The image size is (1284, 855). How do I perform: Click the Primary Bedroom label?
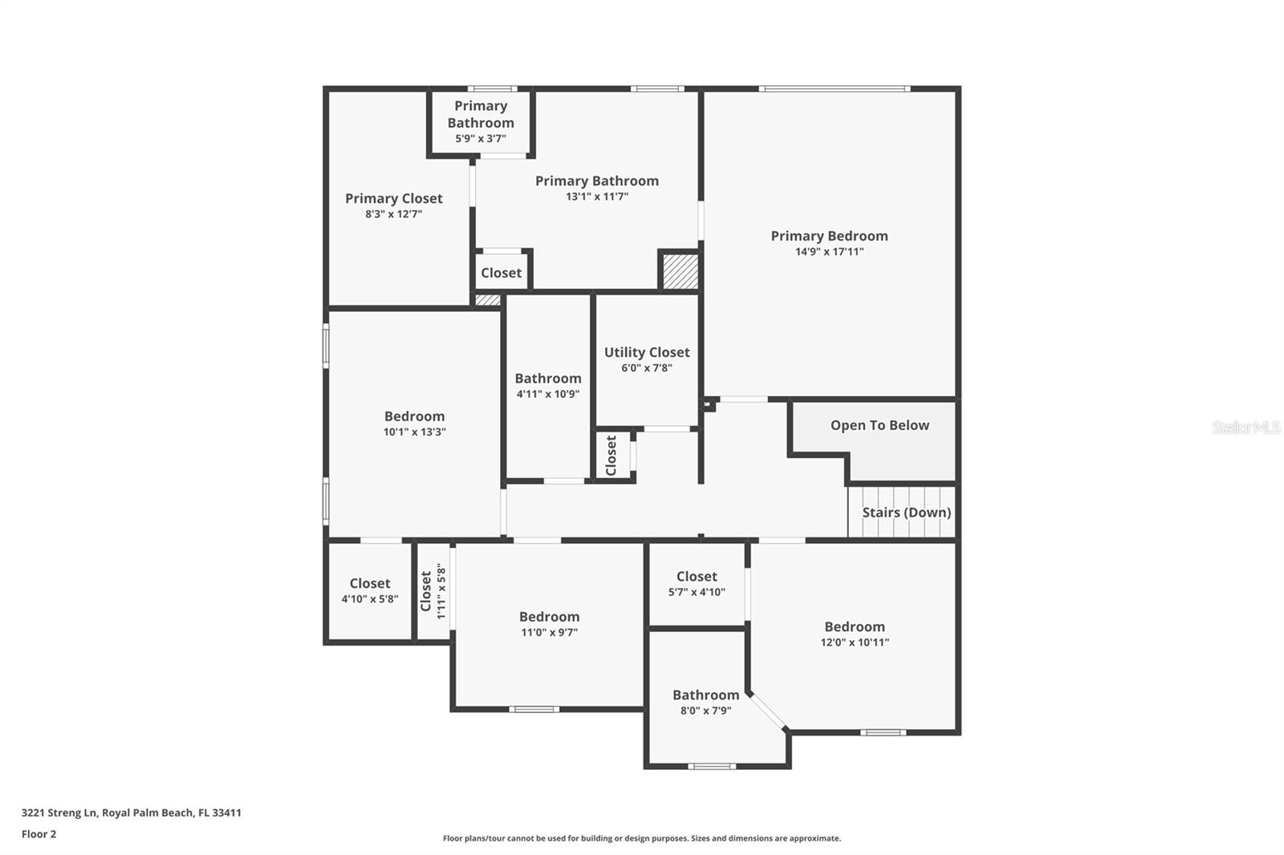coord(829,236)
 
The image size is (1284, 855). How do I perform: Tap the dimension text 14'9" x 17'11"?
coord(829,252)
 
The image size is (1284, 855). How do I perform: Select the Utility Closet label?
coord(646,352)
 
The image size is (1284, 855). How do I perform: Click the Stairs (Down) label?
coord(906,513)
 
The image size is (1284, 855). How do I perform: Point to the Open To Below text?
coord(880,425)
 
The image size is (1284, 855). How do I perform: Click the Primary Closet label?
coord(393,198)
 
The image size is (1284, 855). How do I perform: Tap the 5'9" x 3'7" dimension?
coord(480,139)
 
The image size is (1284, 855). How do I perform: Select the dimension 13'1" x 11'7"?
coord(596,197)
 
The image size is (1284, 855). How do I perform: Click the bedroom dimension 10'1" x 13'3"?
coord(414,432)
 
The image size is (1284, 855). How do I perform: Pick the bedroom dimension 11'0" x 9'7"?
coord(549,633)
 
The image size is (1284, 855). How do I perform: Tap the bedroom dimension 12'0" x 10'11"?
coord(854,642)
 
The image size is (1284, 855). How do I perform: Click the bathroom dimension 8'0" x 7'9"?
coord(705,711)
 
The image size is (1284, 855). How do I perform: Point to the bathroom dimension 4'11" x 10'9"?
coord(547,394)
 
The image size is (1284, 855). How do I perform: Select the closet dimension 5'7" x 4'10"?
coord(696,593)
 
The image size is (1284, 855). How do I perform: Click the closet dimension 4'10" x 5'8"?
coord(369,599)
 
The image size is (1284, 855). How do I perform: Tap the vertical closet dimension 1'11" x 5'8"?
coord(441,591)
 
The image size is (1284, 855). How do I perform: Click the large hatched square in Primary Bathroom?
coord(680,271)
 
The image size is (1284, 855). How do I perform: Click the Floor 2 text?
coord(39,834)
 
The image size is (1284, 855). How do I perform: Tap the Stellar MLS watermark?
coord(1245,427)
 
